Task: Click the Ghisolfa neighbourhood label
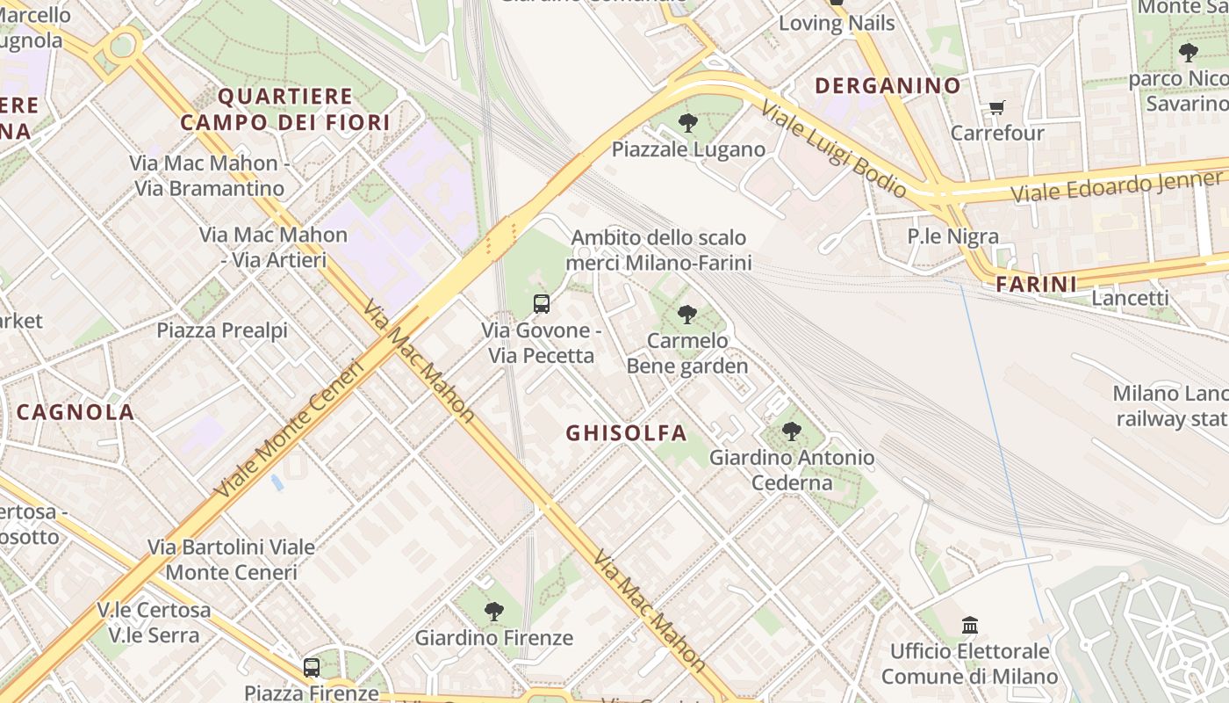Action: coord(626,432)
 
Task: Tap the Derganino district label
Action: coord(888,85)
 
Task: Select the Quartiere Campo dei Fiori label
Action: coord(284,109)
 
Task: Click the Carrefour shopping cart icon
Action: coord(996,108)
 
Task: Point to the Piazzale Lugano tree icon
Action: coord(688,123)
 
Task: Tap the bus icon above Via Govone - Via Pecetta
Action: coord(542,304)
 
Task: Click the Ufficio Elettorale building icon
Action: coord(970,626)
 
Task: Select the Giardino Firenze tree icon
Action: coord(494,612)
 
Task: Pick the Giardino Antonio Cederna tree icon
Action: coord(792,431)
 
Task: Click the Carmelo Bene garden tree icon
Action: coord(687,314)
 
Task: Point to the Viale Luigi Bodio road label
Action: coord(833,149)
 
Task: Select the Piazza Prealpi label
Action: coord(222,330)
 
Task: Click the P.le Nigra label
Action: coord(952,236)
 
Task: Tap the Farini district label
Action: coord(1036,284)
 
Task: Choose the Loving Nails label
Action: coord(837,24)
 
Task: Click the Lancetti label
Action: coord(1130,298)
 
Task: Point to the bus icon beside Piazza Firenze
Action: coord(312,668)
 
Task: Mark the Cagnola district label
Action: coord(75,411)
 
